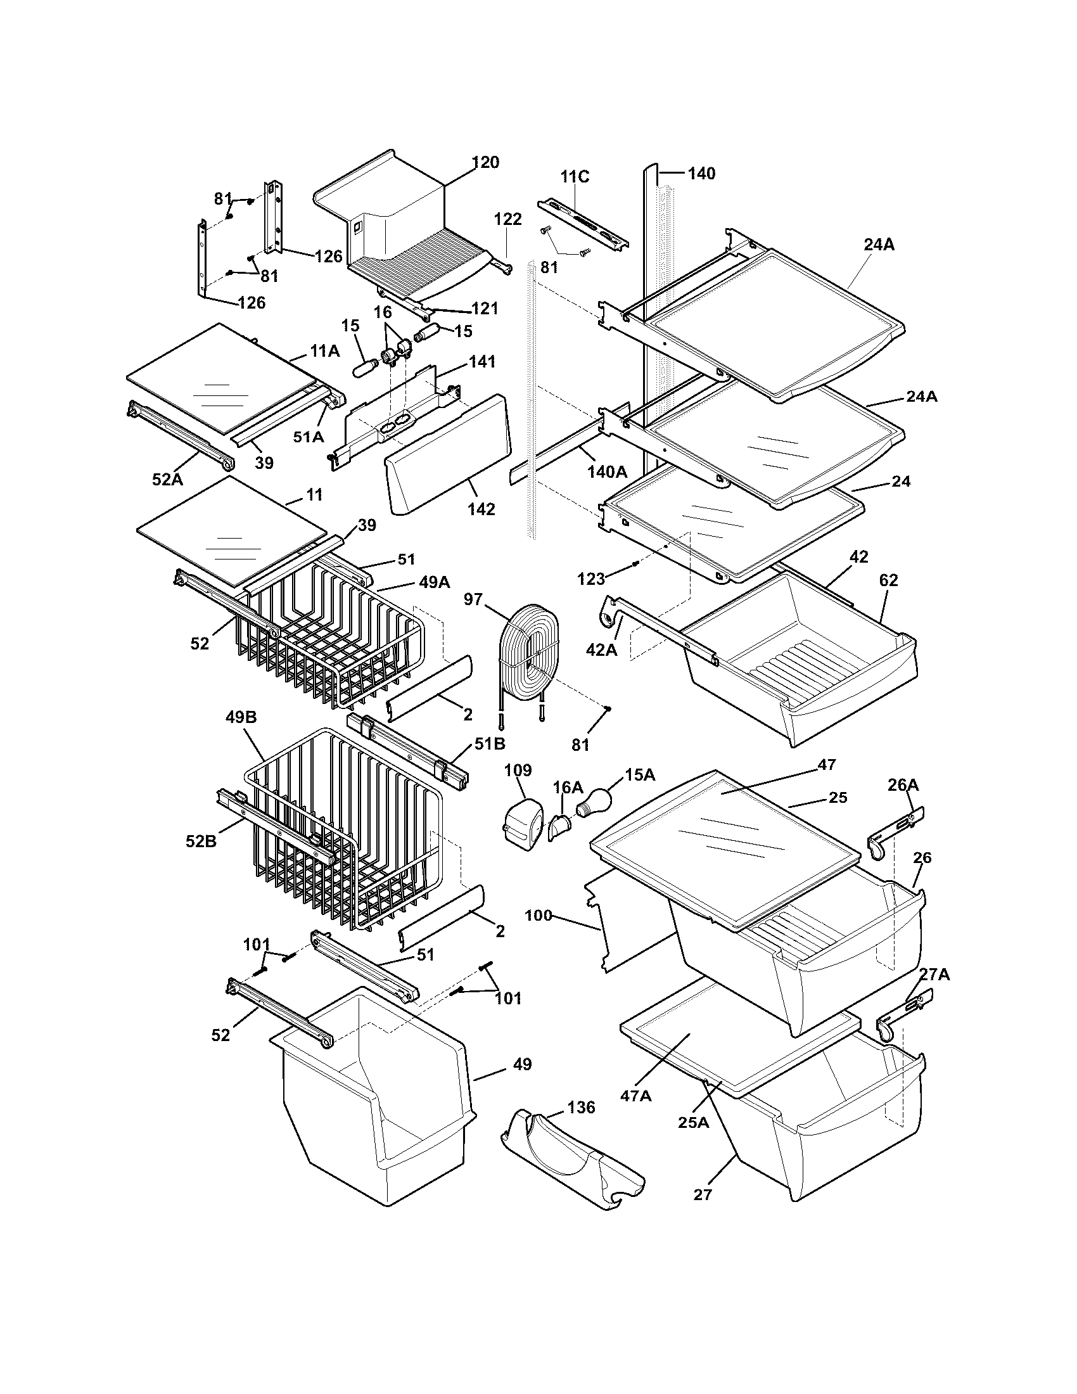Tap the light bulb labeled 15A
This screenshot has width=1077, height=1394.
click(x=595, y=801)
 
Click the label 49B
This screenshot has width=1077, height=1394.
click(x=241, y=717)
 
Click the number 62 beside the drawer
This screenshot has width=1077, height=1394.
click(x=888, y=580)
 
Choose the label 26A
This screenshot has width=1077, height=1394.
click(x=903, y=786)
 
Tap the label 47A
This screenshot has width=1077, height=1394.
click(x=636, y=1096)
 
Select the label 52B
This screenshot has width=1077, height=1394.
click(x=201, y=841)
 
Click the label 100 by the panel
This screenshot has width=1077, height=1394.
click(x=538, y=916)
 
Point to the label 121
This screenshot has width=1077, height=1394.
click(x=484, y=309)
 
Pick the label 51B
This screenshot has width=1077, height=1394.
click(x=489, y=744)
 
